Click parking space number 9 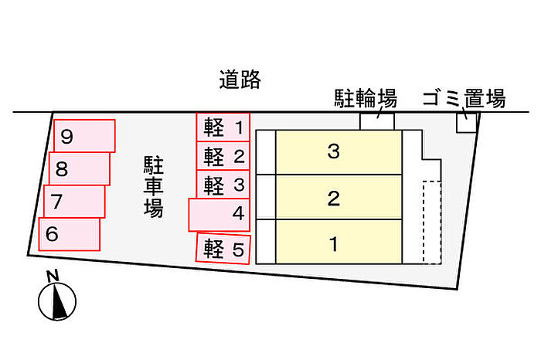[x=84, y=136]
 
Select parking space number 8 [x=80, y=168]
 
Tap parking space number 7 [x=74, y=202]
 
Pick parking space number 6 [x=69, y=234]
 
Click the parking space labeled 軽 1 [x=223, y=127]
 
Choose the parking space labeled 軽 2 [x=223, y=156]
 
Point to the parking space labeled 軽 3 [x=223, y=184]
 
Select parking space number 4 [x=219, y=215]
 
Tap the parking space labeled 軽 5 [x=223, y=248]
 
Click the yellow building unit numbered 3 [x=339, y=152]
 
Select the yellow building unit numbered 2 [x=339, y=197]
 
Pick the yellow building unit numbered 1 [x=339, y=242]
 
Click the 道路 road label [x=240, y=80]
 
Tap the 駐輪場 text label [x=366, y=98]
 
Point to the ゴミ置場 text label [x=464, y=98]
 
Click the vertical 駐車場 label [x=154, y=186]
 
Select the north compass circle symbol [x=57, y=301]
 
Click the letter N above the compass [x=53, y=276]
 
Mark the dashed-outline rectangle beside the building [x=432, y=222]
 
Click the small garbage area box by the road [x=467, y=122]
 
